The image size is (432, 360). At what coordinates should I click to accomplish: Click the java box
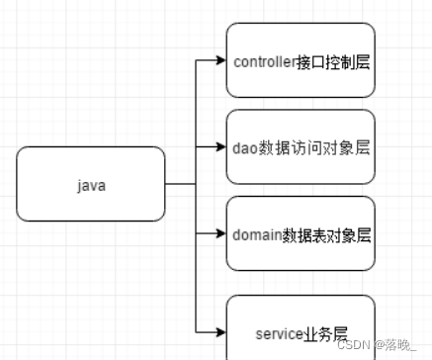[91, 184]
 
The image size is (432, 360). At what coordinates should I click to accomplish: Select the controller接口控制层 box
[301, 60]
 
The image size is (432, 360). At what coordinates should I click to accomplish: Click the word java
[91, 185]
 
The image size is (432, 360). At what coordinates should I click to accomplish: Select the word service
[277, 334]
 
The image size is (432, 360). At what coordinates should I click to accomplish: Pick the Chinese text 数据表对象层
[327, 235]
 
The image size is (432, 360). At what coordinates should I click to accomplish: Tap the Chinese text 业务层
[325, 334]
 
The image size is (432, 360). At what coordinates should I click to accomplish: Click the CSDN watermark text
[350, 344]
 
